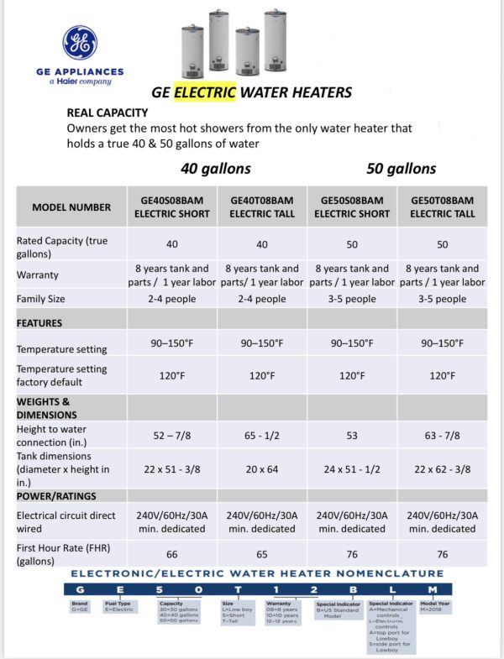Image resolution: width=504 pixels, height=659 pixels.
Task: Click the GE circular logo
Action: (80, 43)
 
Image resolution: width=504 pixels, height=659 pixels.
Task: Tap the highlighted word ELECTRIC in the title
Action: (206, 92)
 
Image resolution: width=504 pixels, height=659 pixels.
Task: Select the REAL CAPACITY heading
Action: (108, 112)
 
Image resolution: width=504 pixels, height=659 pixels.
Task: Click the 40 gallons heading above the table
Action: (216, 168)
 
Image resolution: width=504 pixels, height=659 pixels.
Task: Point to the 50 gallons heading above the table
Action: (401, 168)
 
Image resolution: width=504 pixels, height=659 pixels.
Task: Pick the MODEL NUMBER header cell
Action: (71, 207)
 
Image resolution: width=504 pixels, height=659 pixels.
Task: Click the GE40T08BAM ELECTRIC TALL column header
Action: (263, 207)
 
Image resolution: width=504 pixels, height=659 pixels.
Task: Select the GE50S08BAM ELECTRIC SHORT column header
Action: (352, 207)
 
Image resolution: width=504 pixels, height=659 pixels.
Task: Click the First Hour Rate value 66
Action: (172, 554)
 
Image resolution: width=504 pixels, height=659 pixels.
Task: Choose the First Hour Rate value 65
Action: (263, 554)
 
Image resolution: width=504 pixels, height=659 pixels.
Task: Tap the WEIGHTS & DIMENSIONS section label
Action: (44, 407)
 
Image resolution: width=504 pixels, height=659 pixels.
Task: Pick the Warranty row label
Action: (39, 275)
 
